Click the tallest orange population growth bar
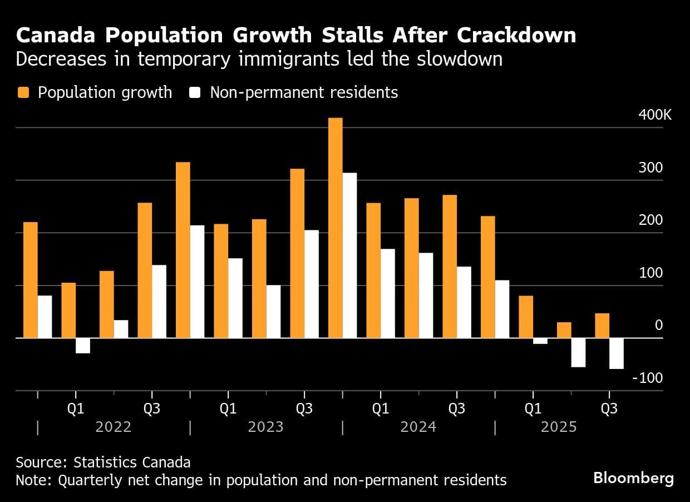coord(335,228)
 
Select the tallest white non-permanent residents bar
coord(349,255)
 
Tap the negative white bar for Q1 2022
coord(83,346)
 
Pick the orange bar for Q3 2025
coord(602,326)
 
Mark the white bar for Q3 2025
coord(616,353)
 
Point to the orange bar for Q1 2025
coord(526,317)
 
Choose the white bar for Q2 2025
coord(578,352)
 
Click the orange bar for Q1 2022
coord(68,310)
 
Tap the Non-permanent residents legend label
coord(304,92)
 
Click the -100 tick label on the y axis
coord(648,378)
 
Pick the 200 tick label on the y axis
coord(652,220)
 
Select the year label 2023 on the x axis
coord(265,427)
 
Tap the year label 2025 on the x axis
coord(559,427)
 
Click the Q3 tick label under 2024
coord(456,409)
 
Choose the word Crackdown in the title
coord(516,36)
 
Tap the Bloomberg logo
coord(633,478)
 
